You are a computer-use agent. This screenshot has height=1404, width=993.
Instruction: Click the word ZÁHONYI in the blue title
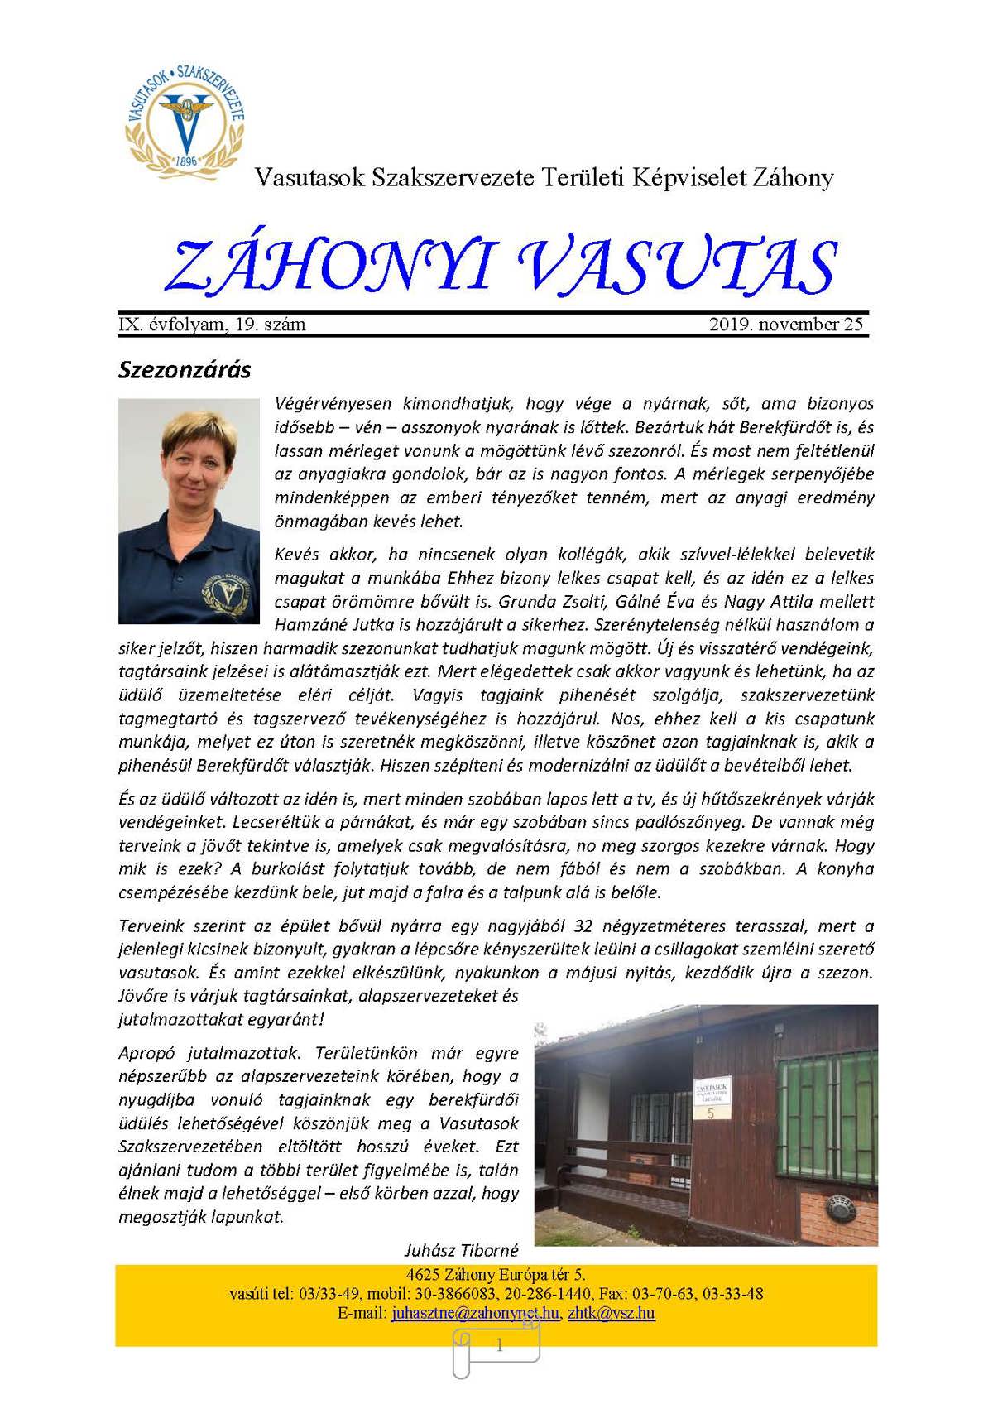(329, 267)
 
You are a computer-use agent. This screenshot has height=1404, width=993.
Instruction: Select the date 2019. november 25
(785, 325)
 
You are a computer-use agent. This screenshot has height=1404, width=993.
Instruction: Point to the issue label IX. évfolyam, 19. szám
(213, 325)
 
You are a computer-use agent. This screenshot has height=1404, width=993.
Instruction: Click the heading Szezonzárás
(185, 369)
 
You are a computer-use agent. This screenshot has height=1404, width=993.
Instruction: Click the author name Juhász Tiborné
(462, 1250)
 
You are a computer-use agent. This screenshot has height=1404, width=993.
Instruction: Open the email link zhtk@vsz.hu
(612, 1313)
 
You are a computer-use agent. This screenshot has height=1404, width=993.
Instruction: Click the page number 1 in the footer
(499, 1346)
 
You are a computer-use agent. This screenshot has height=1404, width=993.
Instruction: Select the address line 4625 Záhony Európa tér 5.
(496, 1275)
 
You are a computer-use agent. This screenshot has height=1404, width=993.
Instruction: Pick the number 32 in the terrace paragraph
(584, 926)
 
